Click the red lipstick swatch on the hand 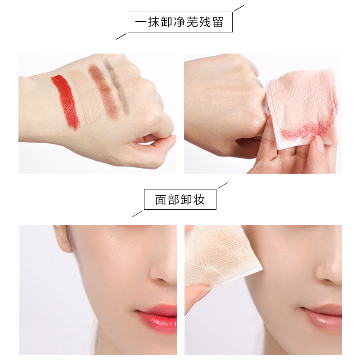pos(66,101)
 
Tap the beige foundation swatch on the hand pos(85,96)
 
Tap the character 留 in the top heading pos(218,22)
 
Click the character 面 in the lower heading pos(161,199)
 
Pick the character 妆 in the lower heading pos(199,199)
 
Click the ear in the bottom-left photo pos(63,239)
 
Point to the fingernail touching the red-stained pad pos(319,144)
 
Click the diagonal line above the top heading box pos(239,8)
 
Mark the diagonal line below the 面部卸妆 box pos(138,214)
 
